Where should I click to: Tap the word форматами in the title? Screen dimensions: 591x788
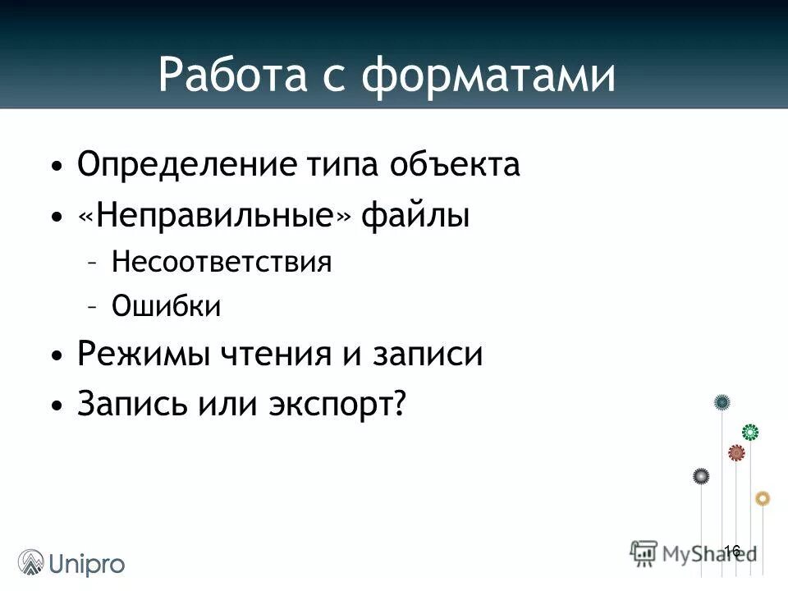(x=489, y=76)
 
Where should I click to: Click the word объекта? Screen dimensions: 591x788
(x=455, y=165)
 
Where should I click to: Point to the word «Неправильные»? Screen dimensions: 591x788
(x=215, y=217)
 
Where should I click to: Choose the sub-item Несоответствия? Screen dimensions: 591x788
(x=222, y=263)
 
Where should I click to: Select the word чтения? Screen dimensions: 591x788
(x=273, y=355)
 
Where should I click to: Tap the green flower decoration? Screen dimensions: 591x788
(x=749, y=432)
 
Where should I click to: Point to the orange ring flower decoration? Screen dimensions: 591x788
(x=763, y=498)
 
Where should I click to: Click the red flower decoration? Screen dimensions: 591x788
(x=736, y=452)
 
